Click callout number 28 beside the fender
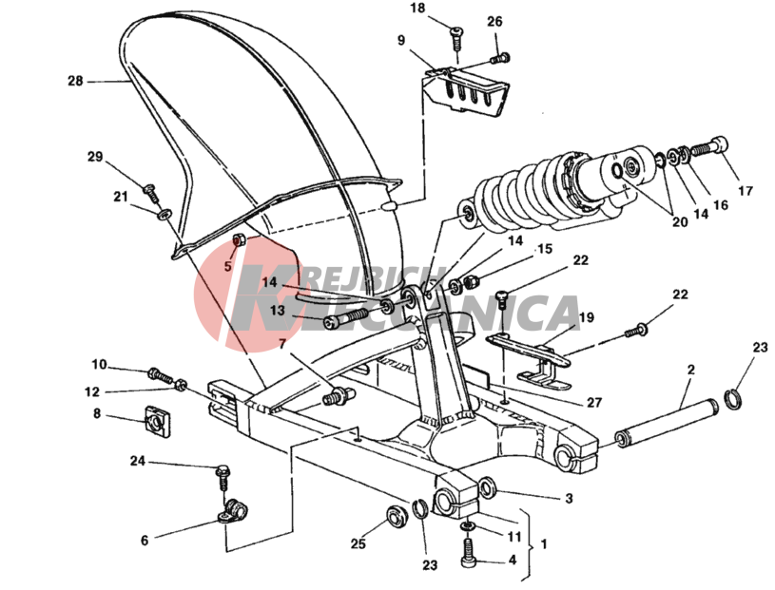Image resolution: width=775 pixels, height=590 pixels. tap(75, 82)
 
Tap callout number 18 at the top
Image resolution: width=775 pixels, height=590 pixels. tap(418, 9)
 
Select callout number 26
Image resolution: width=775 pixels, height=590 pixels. tap(494, 21)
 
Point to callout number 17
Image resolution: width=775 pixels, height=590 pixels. tap(745, 191)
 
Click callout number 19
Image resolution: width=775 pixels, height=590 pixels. tap(587, 317)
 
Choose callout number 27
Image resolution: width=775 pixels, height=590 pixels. tap(593, 402)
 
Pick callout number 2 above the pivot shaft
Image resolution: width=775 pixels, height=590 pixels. tap(691, 369)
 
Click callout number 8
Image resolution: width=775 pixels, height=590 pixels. tap(97, 413)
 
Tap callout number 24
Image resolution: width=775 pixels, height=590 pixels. tap(138, 461)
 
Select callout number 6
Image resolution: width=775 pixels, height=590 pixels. tap(145, 540)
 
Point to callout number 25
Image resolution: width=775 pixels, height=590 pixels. tap(358, 544)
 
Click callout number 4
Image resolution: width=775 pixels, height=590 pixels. tap(512, 560)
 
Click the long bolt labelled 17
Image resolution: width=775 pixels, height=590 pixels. tap(707, 149)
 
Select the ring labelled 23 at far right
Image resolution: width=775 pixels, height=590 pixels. tap(735, 398)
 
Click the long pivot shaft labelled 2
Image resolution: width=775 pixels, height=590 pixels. tap(666, 422)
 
